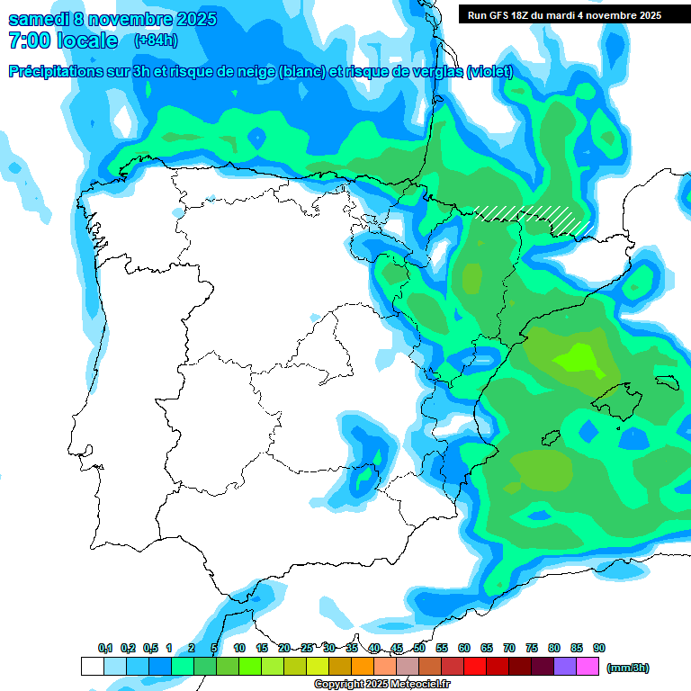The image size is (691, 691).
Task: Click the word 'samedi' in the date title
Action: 41,19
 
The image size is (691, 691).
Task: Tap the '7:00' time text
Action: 28,40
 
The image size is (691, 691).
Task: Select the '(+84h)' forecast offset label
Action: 156,40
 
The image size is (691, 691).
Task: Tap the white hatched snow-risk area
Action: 533,218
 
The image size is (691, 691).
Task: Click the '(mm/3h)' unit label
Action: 628,668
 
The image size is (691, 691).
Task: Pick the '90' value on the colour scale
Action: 599,648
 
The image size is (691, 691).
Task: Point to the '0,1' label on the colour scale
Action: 105,648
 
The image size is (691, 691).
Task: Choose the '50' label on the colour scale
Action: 419,648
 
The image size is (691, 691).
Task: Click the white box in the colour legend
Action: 92,667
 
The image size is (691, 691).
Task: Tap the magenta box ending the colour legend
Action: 588,667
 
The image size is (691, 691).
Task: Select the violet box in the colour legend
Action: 565,667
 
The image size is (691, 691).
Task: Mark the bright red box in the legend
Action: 475,667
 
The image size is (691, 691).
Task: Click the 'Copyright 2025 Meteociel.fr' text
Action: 381,685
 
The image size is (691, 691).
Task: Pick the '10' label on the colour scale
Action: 239,648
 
